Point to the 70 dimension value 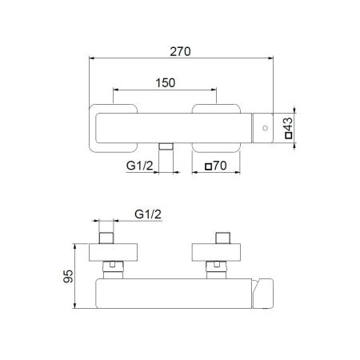click(222, 167)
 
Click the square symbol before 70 click(209, 167)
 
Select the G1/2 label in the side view click(146, 214)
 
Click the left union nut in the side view click(115, 267)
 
